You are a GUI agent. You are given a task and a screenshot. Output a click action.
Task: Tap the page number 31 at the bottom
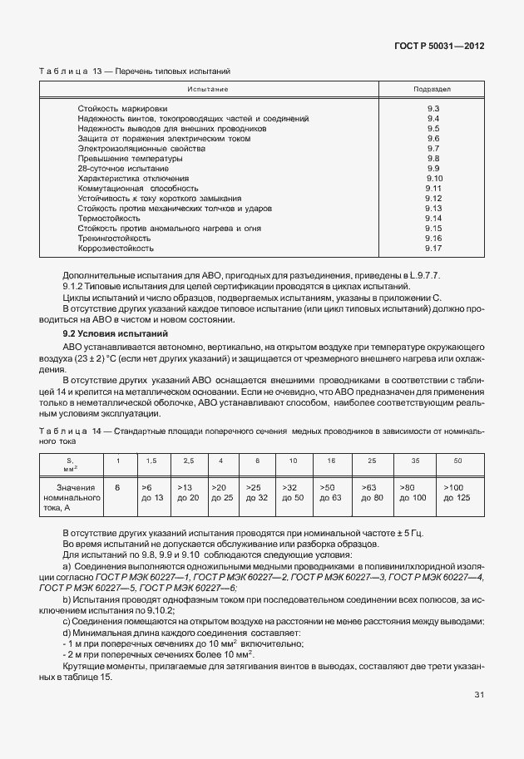[x=478, y=717]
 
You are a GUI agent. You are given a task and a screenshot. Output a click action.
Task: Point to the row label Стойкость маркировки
[x=122, y=109]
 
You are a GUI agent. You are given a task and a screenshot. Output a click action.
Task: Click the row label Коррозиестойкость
[x=116, y=248]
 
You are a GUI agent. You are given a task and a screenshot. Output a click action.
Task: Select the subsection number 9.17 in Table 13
[x=432, y=248]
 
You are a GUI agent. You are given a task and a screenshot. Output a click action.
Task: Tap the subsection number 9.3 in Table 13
[x=432, y=109]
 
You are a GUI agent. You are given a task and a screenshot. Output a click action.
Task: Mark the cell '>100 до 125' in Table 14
[x=457, y=492]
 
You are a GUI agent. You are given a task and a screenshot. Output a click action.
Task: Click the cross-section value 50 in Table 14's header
[x=457, y=461]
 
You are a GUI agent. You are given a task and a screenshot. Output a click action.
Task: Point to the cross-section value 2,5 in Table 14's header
[x=188, y=461]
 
